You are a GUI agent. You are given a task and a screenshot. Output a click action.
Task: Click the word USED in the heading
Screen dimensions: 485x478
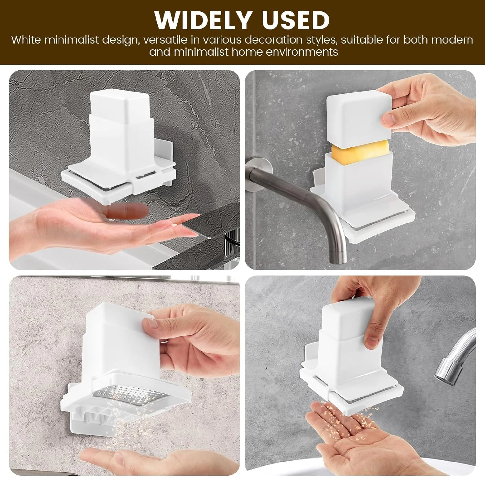[296, 20]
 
